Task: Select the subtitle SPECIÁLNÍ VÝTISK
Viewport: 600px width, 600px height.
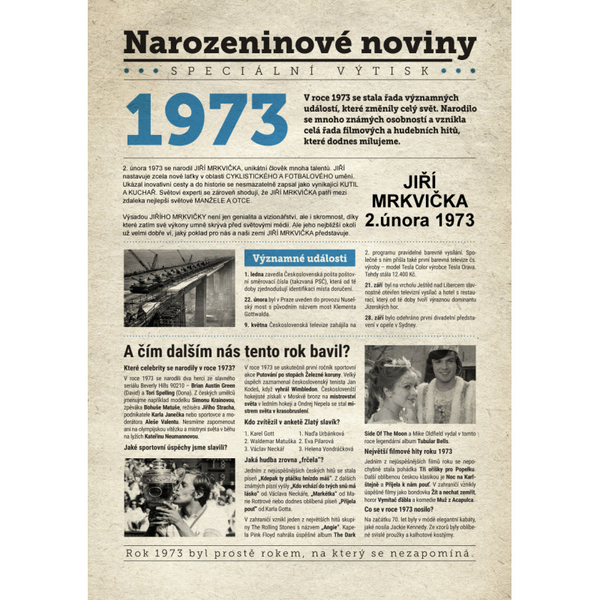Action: [300, 70]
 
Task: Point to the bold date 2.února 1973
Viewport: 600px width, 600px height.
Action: [419, 220]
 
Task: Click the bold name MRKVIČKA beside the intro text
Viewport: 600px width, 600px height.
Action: [419, 201]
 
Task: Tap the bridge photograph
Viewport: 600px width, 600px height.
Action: [179, 288]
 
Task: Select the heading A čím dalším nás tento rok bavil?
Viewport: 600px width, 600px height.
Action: [236, 352]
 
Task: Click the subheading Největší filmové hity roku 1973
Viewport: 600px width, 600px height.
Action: [408, 451]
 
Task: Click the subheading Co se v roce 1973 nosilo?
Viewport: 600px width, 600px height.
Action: [402, 508]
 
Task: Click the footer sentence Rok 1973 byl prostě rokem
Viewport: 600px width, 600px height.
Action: [300, 554]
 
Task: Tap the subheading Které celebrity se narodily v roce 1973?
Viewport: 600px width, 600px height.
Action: [178, 367]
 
